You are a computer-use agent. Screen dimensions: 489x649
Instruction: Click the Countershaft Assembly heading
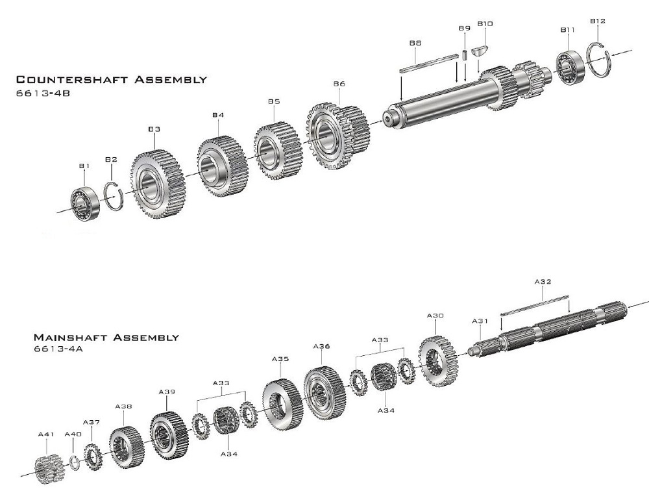(111, 80)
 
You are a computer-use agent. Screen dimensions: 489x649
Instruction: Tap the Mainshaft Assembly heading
(106, 338)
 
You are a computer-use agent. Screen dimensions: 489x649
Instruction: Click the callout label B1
(84, 166)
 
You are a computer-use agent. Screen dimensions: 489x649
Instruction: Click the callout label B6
(339, 84)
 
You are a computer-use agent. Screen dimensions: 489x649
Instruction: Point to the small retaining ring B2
(114, 194)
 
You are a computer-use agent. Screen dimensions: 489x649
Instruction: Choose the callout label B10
(485, 24)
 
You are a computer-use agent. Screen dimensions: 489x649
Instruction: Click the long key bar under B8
(427, 64)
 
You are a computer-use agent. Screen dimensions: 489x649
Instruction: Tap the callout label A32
(543, 282)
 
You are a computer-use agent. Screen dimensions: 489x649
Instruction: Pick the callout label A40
(73, 434)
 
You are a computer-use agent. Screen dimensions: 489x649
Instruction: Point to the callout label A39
(167, 392)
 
